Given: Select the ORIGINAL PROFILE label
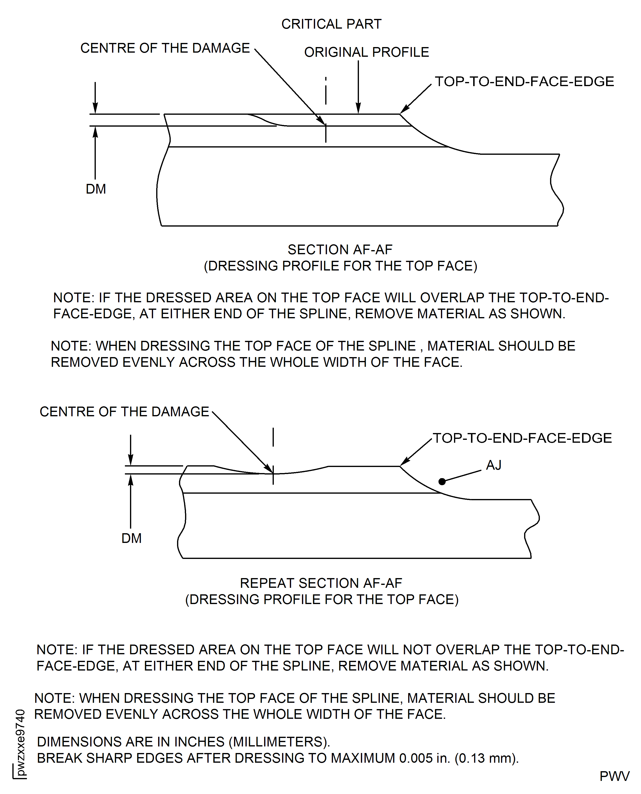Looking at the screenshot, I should pyautogui.click(x=366, y=52).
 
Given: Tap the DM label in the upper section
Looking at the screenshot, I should pyautogui.click(x=96, y=189).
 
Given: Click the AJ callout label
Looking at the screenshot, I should pyautogui.click(x=494, y=465).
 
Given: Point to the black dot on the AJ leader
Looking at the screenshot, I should pyautogui.click(x=442, y=481).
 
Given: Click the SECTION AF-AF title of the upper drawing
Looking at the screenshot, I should pyautogui.click(x=340, y=250).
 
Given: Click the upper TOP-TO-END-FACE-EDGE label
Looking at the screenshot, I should pyautogui.click(x=524, y=81).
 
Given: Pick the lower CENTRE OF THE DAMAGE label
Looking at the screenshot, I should pyautogui.click(x=124, y=411).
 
